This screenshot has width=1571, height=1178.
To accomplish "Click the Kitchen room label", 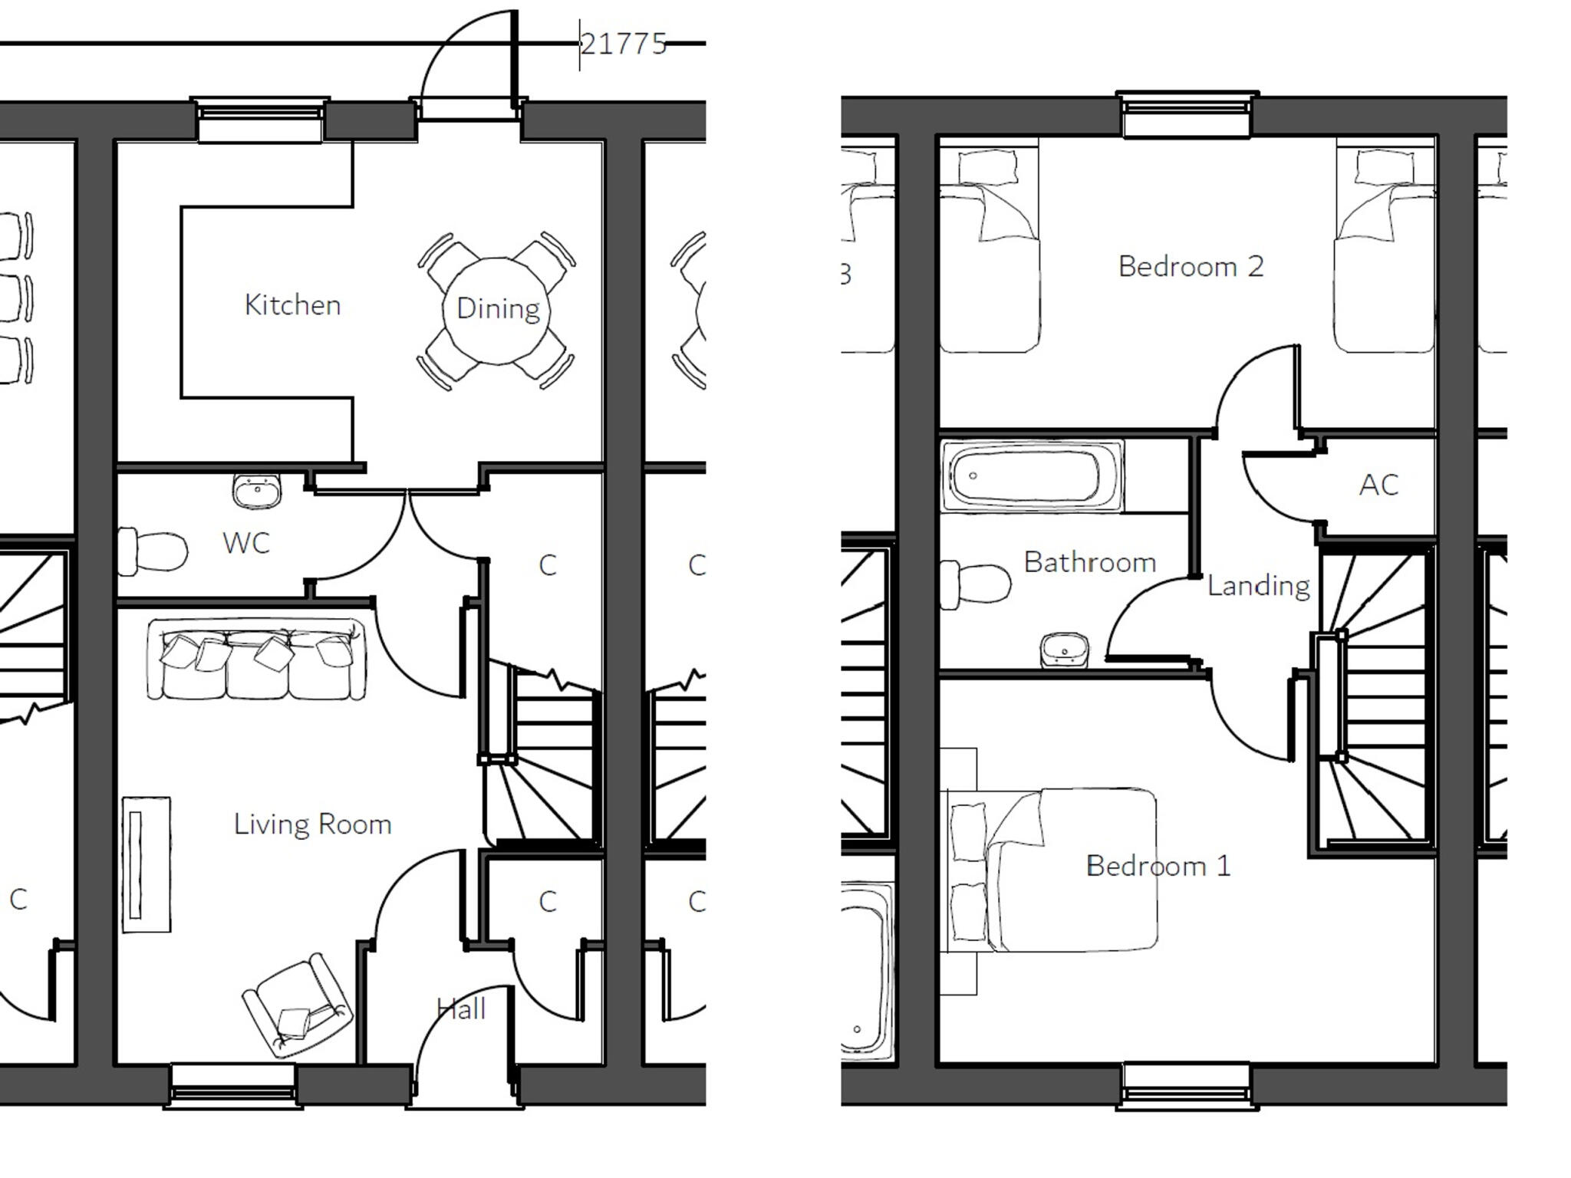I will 292,305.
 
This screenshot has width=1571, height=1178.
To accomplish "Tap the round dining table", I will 497,311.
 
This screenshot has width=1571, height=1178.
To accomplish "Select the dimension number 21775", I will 623,44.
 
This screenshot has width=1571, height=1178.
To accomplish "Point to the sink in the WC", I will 257,491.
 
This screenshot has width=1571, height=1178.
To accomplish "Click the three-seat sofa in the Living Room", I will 256,659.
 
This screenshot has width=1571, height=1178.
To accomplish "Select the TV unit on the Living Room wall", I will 146,864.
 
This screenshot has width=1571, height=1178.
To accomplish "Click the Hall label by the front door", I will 461,1009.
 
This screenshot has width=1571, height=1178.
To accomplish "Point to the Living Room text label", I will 312,824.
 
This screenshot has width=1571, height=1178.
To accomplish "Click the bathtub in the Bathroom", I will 1030,475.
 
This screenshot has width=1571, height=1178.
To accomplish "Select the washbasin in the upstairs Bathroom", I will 1064,650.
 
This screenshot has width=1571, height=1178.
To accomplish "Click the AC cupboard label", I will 1378,485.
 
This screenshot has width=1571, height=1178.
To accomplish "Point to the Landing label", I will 1258,586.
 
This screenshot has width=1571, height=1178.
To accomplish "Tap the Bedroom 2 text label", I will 1190,267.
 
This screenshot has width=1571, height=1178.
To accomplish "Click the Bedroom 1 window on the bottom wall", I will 1186,1085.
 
